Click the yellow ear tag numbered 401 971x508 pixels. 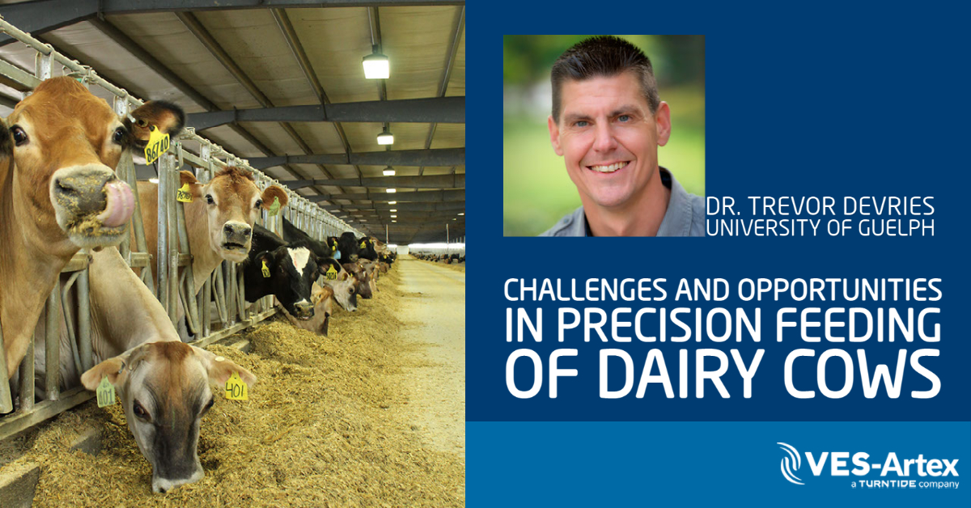pyautogui.click(x=235, y=387)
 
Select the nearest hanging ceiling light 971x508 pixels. pyautogui.click(x=375, y=66)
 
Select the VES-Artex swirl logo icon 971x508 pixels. pyautogui.click(x=791, y=465)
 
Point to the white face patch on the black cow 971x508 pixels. pyautogui.click(x=298, y=260)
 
